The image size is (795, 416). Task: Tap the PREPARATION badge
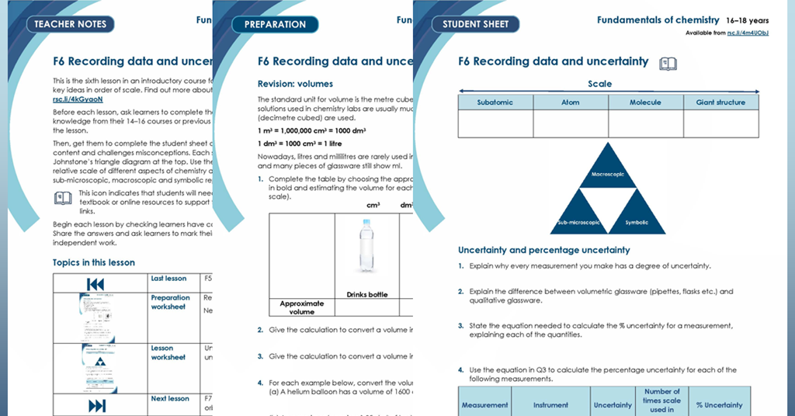pos(275,24)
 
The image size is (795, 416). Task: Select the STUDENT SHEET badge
pos(475,24)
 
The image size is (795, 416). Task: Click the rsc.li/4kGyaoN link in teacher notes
pos(78,99)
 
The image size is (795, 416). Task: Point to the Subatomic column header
pos(495,102)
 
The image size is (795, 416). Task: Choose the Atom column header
pos(570,102)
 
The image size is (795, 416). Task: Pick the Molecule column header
pos(645,102)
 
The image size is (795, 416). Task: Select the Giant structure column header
pos(720,102)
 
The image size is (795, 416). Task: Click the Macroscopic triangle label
pos(608,175)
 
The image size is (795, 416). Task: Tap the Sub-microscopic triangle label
pos(578,222)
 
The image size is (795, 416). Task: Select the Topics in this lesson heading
pos(93,262)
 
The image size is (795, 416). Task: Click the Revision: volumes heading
pos(295,84)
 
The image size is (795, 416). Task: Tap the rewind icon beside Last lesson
pos(96,283)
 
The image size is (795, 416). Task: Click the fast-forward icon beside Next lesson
pos(97,406)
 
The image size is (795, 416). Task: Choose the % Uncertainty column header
pos(719,404)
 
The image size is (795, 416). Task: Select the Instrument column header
pos(550,404)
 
